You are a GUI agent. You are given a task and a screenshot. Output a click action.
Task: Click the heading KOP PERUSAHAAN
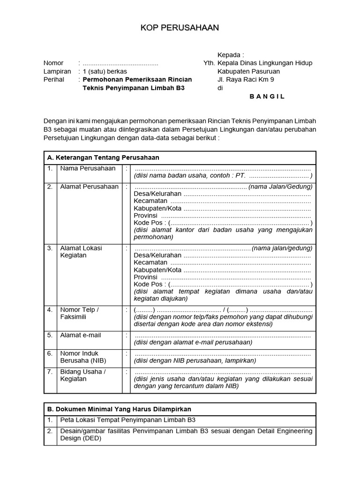tap(180, 29)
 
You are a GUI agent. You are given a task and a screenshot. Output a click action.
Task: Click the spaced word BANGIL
tap(267, 97)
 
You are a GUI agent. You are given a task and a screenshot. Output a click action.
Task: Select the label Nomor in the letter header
tap(53, 63)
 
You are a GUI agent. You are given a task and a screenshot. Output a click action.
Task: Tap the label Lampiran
tap(57, 72)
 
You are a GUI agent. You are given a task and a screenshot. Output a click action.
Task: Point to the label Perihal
tap(54, 80)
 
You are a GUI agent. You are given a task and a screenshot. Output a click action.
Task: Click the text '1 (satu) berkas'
tap(105, 72)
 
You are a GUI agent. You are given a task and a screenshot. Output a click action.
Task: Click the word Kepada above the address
tap(231, 55)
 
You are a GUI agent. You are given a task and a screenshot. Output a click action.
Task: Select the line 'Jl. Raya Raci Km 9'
tap(246, 80)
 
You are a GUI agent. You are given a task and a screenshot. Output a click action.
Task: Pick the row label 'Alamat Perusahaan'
tap(89, 187)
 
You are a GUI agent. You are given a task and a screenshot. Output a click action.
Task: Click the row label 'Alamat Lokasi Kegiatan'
tap(81, 252)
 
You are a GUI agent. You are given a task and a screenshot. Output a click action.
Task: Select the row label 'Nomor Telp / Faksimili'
tap(79, 313)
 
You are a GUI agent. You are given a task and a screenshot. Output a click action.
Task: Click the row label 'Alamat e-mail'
tap(80, 335)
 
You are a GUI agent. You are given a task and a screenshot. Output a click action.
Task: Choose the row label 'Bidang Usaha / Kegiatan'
tap(83, 375)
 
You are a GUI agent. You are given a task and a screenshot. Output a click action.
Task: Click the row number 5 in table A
tap(50, 335)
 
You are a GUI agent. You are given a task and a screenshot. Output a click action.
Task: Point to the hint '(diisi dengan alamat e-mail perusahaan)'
tap(193, 342)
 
